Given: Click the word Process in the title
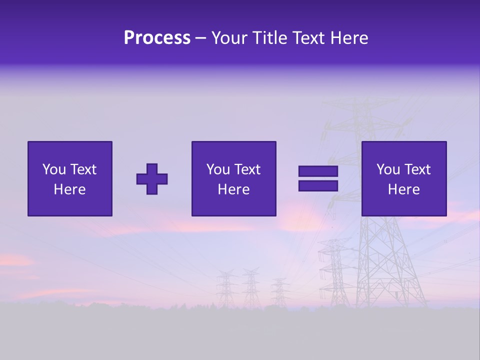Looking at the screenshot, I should pyautogui.click(x=157, y=38).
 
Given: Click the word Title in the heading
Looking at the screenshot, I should pyautogui.click(x=269, y=38).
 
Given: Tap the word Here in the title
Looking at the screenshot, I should pyautogui.click(x=348, y=38).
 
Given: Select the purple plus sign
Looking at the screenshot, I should pyautogui.click(x=152, y=179).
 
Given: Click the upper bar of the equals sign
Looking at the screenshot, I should pyautogui.click(x=318, y=171).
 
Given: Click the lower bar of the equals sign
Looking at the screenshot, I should pyautogui.click(x=318, y=186).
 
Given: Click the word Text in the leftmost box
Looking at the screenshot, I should pyautogui.click(x=82, y=169).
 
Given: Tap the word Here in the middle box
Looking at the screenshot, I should pyautogui.click(x=233, y=189).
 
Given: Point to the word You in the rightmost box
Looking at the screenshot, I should pyautogui.click(x=388, y=169).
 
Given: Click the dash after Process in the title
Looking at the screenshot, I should pyautogui.click(x=200, y=38).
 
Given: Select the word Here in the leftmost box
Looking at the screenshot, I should pyautogui.click(x=69, y=189).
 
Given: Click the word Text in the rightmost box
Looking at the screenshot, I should pyautogui.click(x=417, y=169).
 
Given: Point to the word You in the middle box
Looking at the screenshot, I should pyautogui.click(x=218, y=169).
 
